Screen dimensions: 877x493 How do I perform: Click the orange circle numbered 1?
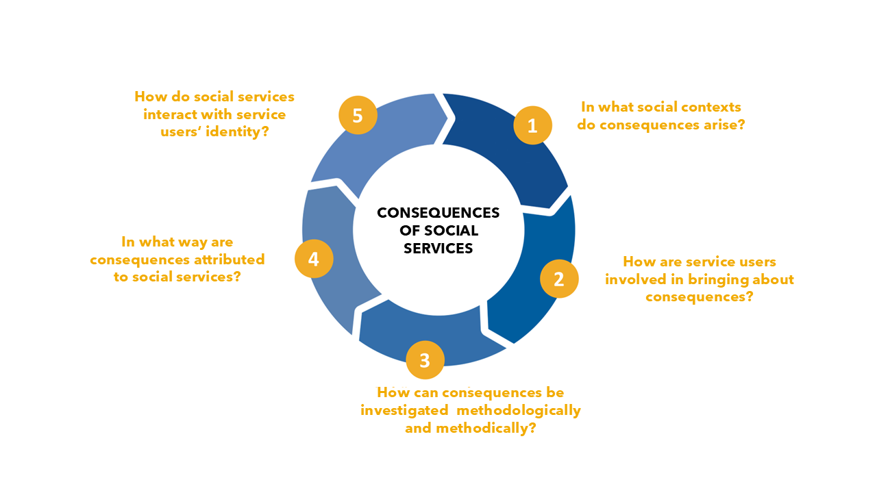532,125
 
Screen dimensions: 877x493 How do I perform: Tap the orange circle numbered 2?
559,279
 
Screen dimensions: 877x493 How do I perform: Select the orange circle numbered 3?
425,360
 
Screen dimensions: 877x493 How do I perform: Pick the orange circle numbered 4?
314,259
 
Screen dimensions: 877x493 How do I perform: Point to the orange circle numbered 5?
358,115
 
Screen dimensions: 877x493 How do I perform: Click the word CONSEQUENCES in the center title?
438,212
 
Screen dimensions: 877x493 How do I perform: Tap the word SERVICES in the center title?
438,248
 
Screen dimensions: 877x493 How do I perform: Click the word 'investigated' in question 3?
404,411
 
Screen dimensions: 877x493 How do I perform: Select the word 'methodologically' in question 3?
519,411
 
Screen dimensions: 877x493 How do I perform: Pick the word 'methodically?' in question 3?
486,428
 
